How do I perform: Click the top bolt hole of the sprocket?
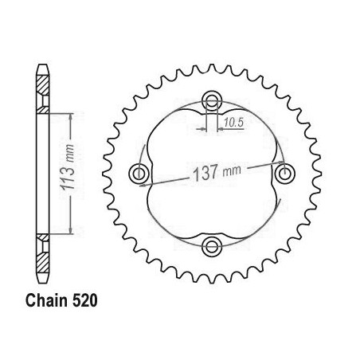click(212, 101)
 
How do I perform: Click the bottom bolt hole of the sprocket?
click(212, 246)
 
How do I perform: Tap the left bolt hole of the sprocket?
click(139, 174)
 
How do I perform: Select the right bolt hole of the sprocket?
click(285, 174)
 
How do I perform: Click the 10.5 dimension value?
click(233, 123)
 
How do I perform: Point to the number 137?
click(205, 174)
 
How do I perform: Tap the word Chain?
click(46, 301)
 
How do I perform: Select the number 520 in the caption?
click(84, 301)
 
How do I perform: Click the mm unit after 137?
click(232, 170)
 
